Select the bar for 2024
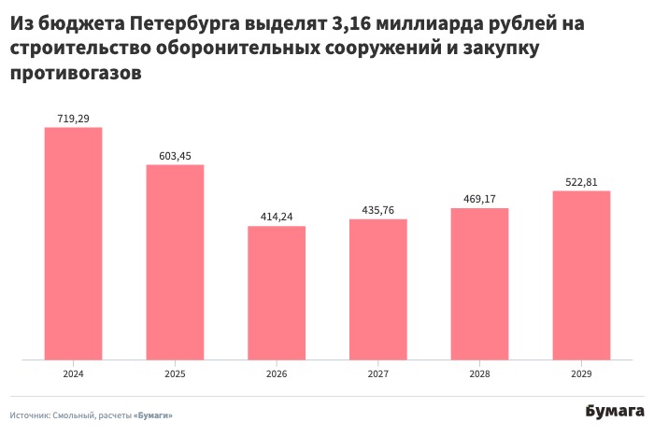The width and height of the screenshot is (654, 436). click(74, 243)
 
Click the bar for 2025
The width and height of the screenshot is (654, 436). click(175, 261)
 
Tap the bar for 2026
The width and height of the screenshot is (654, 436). click(277, 292)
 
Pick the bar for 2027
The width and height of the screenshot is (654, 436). click(378, 288)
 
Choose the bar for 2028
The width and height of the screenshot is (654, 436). click(480, 283)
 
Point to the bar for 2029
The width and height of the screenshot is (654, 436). click(581, 274)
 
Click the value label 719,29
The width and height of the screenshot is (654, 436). click(74, 119)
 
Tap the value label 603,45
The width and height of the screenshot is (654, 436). click(175, 156)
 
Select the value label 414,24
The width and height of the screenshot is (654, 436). click(277, 217)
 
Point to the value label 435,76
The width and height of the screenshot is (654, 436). click(378, 210)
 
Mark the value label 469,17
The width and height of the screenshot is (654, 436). click(480, 199)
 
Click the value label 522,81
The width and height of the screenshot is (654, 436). click(581, 182)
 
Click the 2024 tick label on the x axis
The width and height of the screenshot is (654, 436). click(74, 373)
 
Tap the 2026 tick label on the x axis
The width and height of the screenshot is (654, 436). click(277, 373)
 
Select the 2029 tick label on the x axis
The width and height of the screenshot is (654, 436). click(581, 373)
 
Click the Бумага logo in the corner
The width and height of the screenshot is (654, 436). click(615, 412)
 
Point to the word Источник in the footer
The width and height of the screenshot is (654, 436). click(29, 415)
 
